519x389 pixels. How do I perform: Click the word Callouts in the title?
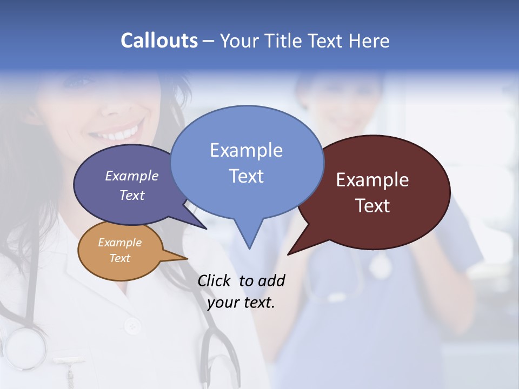pyautogui.click(x=159, y=41)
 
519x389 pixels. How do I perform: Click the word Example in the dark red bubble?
pyautogui.click(x=372, y=180)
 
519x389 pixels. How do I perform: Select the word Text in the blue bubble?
pyautogui.click(x=247, y=176)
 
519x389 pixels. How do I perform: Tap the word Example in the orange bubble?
pyautogui.click(x=119, y=243)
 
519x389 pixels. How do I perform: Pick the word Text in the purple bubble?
pyautogui.click(x=132, y=195)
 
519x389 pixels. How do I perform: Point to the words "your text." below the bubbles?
pyautogui.click(x=241, y=303)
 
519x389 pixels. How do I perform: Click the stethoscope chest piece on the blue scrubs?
pyautogui.click(x=380, y=266)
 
